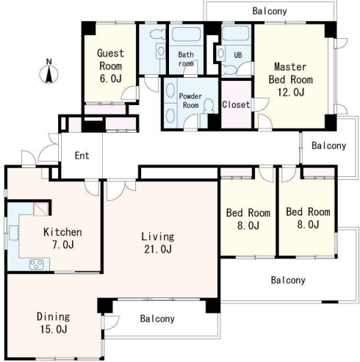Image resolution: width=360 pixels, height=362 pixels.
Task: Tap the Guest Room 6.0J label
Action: click(x=110, y=66)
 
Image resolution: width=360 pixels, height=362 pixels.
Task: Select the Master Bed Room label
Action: click(x=290, y=79)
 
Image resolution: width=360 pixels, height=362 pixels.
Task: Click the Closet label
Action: click(x=236, y=105)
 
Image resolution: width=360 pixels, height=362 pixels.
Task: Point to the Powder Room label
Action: click(x=190, y=101)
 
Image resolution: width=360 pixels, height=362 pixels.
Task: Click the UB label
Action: click(x=238, y=55)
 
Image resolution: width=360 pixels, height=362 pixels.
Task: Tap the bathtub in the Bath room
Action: click(x=186, y=34)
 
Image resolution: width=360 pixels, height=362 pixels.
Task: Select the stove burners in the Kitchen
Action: click(x=37, y=264)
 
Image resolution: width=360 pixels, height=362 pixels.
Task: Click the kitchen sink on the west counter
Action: click(x=14, y=233)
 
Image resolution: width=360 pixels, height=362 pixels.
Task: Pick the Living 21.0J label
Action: click(x=158, y=243)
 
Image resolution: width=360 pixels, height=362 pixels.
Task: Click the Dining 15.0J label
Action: click(x=54, y=323)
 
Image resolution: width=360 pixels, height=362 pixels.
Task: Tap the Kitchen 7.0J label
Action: click(x=62, y=239)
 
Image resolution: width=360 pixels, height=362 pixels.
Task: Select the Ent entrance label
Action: click(x=82, y=156)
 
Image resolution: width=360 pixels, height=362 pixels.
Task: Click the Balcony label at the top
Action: click(x=270, y=11)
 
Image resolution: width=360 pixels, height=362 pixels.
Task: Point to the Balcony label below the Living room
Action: click(x=157, y=319)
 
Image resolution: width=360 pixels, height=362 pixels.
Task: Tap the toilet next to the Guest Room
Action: click(x=157, y=35)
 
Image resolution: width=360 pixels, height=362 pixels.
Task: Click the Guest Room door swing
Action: click(x=130, y=93)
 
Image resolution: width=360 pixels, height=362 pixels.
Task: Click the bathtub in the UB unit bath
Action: click(x=236, y=33)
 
